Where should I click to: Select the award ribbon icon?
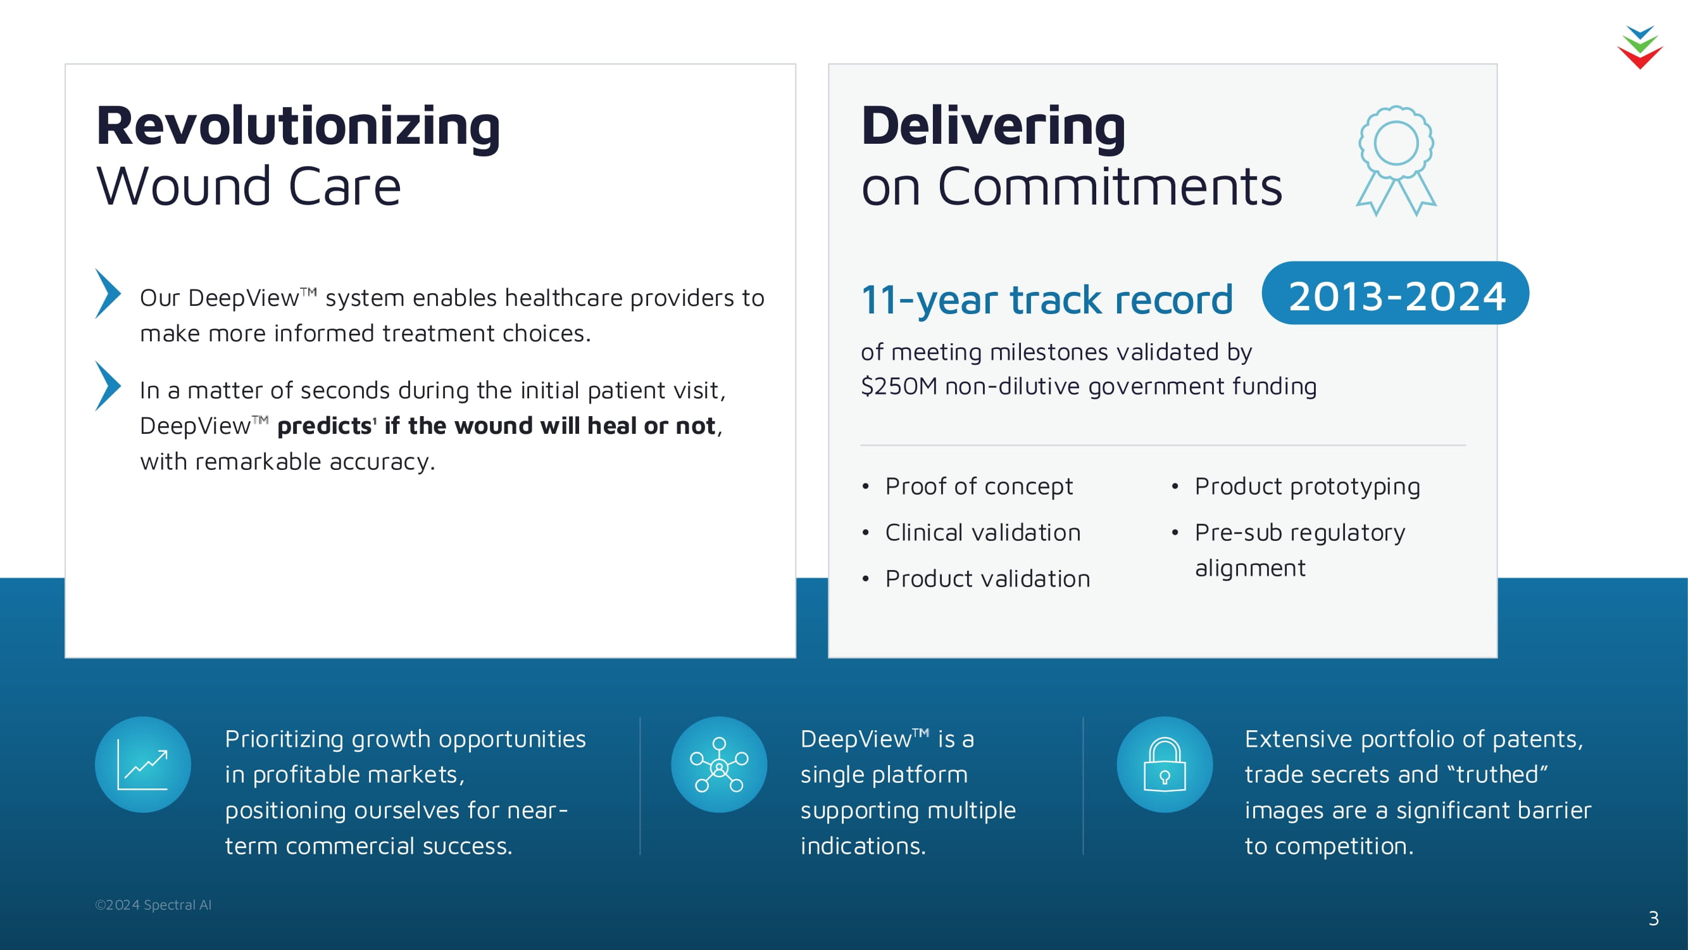point(1396,161)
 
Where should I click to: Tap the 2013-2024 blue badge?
point(1396,294)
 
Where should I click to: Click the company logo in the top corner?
point(1640,47)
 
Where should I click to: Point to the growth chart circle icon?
point(143,764)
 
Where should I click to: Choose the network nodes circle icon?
point(719,764)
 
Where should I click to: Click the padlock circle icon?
point(1165,764)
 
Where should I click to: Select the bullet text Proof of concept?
point(979,487)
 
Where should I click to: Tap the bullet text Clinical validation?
point(983,533)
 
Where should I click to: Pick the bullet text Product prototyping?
point(1307,487)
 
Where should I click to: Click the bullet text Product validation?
point(987,579)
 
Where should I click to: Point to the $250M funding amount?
point(899,386)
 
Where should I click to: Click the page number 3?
point(1653,918)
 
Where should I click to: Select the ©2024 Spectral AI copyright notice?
point(153,905)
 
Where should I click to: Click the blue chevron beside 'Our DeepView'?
point(108,294)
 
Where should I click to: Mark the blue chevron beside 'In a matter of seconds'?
point(108,386)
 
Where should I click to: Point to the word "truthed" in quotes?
point(1501,775)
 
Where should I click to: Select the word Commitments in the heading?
point(1110,187)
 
